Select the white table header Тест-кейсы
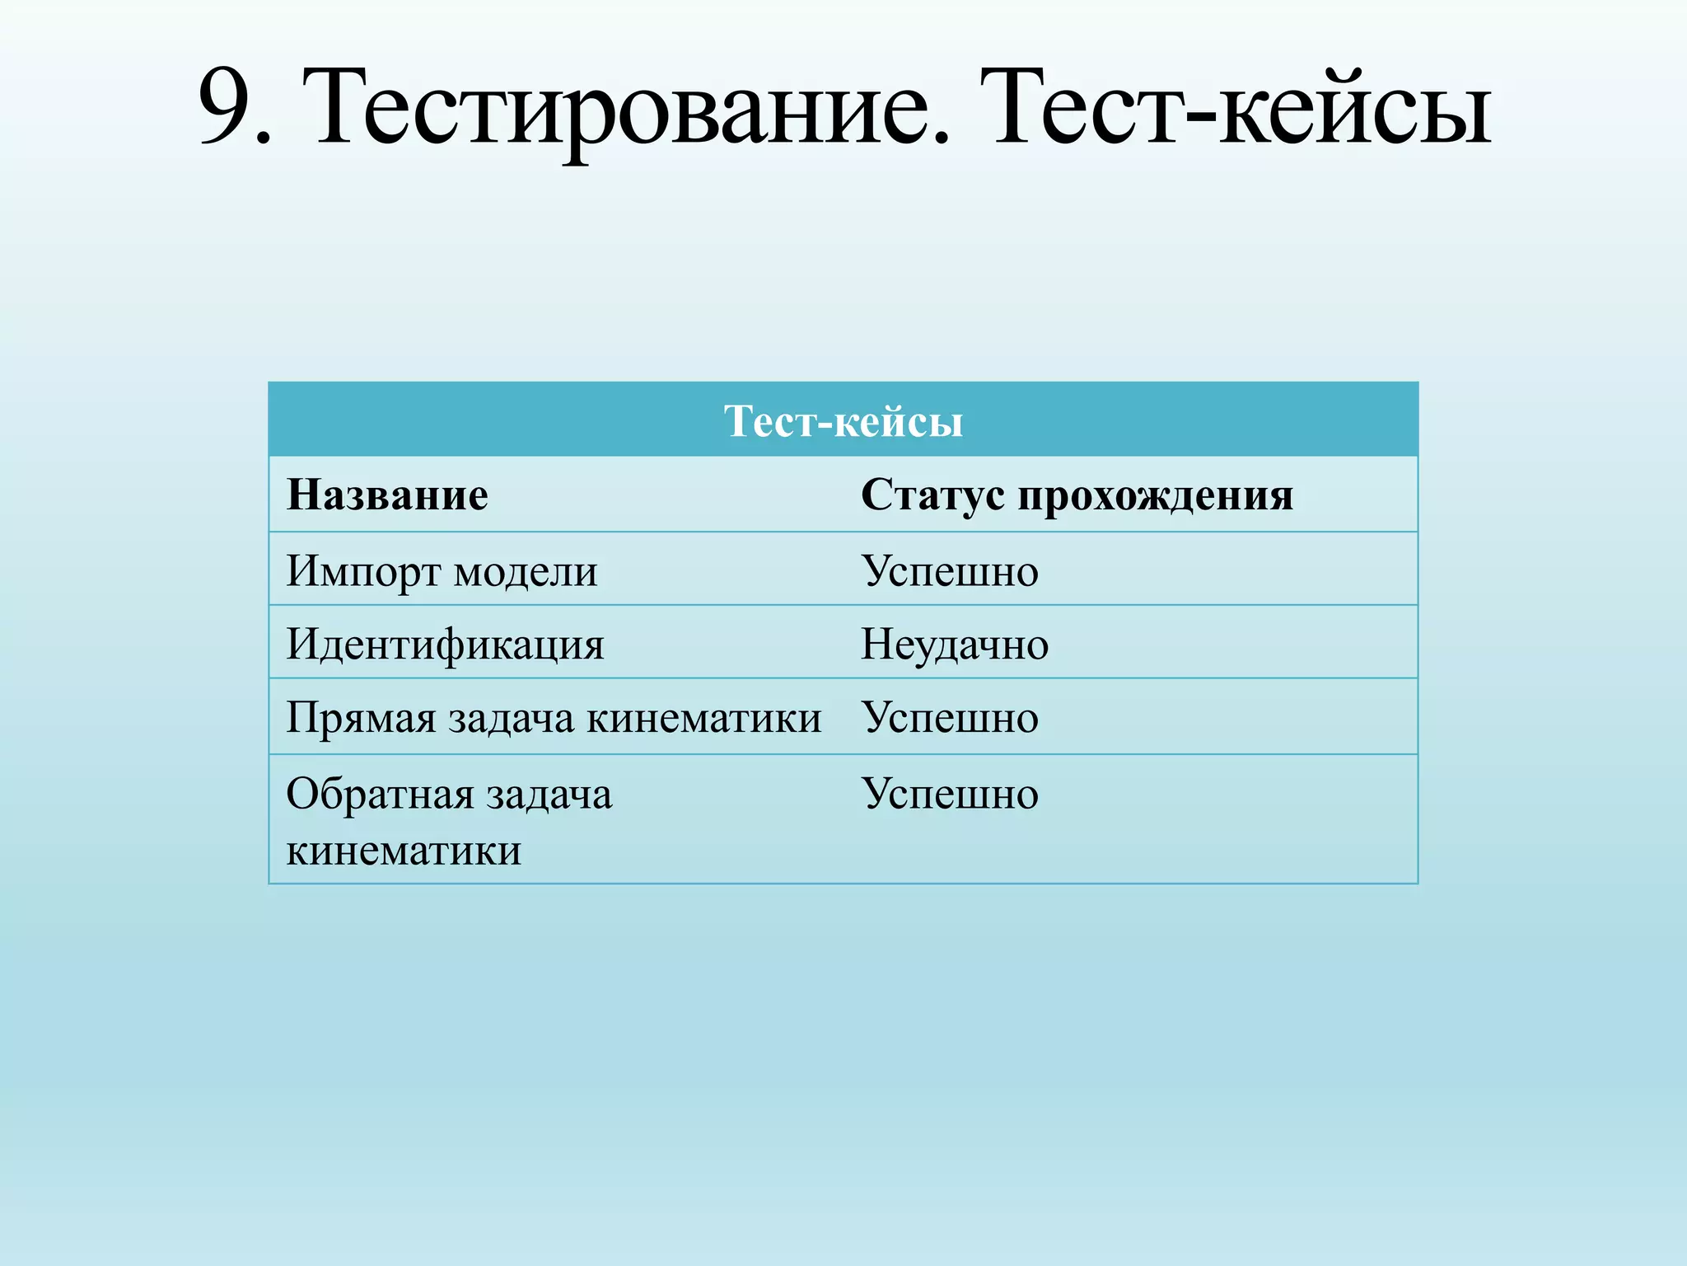[x=843, y=421]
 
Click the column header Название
[x=387, y=495]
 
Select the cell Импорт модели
[x=442, y=570]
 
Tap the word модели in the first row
[x=526, y=570]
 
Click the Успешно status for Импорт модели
[x=950, y=570]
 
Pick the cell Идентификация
[x=445, y=644]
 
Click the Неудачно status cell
[x=955, y=644]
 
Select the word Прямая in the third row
[x=361, y=717]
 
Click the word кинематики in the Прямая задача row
[x=703, y=717]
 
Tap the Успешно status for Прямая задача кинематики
[x=950, y=717]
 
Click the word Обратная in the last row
[x=380, y=794]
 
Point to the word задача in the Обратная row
[x=549, y=794]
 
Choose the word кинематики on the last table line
[x=404, y=850]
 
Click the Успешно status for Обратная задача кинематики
[x=950, y=794]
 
